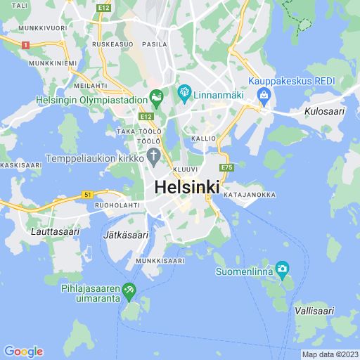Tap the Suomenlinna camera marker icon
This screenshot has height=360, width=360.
282,268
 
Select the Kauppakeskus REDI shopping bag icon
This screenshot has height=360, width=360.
264,95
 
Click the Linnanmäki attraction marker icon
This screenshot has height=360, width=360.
184,91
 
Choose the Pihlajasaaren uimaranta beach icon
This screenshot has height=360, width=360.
129,289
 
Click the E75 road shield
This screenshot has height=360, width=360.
226,167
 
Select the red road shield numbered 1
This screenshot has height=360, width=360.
25,44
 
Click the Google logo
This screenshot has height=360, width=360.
23,352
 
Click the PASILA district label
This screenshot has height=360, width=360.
155,44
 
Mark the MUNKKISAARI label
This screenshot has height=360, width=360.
160,261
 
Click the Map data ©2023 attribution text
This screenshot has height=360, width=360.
330,354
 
